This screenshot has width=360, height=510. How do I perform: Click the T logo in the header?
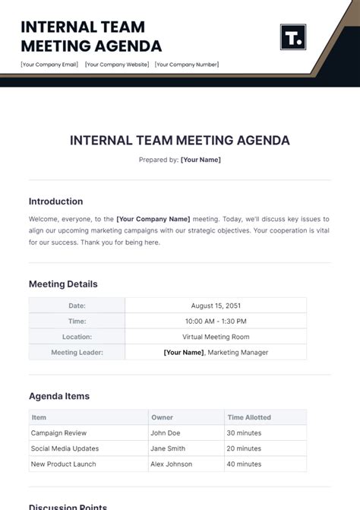(x=292, y=37)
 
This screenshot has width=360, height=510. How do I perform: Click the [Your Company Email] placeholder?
(x=49, y=65)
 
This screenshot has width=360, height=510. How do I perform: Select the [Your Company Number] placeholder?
(x=187, y=65)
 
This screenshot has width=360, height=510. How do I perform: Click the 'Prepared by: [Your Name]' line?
(x=180, y=160)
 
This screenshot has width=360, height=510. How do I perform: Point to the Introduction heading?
(x=55, y=201)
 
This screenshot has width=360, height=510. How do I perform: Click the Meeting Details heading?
(x=63, y=284)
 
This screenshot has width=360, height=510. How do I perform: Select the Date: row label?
(x=77, y=306)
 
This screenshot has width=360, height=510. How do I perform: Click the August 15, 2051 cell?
(x=216, y=306)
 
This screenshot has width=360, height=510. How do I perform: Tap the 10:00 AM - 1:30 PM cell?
(x=216, y=322)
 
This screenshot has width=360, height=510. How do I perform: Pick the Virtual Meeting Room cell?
(x=216, y=337)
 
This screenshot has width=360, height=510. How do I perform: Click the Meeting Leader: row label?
(x=77, y=353)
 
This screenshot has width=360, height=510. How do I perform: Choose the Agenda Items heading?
(x=59, y=396)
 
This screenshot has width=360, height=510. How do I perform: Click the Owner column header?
(x=162, y=417)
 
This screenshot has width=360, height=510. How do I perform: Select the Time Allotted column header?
(x=249, y=417)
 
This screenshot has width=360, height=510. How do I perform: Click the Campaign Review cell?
(x=58, y=433)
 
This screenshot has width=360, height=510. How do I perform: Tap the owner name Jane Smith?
(x=168, y=448)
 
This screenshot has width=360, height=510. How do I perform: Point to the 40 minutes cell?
(x=244, y=464)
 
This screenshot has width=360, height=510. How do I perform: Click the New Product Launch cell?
(x=64, y=464)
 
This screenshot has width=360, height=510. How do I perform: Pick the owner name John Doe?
(x=165, y=433)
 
